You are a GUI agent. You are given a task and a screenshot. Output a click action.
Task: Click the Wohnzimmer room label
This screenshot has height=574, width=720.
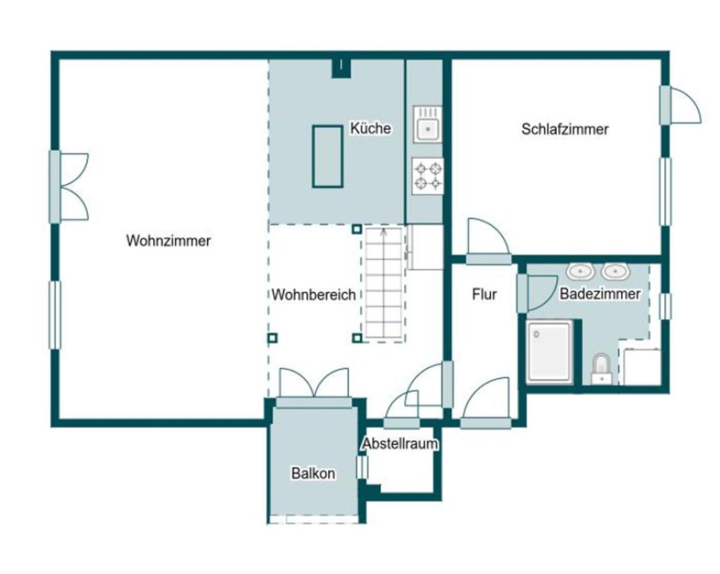pos(168,241)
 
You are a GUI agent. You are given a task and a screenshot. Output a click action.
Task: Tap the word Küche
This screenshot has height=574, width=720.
pos(370,129)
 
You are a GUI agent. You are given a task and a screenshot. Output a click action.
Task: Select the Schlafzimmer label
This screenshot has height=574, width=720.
pos(565,129)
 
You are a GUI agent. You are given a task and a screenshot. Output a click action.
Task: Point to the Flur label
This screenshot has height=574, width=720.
pos(485,295)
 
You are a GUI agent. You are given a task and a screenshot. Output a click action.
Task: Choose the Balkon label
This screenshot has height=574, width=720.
pos(313,474)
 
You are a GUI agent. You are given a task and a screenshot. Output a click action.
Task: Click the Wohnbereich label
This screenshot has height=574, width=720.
pos(314,295)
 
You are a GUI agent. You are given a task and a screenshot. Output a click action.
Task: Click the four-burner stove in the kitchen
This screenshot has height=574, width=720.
pos(427,176)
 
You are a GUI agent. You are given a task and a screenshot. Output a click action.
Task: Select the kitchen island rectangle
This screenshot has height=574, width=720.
pos(327,156)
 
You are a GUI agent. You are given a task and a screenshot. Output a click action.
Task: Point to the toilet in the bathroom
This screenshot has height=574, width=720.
pos(601,368)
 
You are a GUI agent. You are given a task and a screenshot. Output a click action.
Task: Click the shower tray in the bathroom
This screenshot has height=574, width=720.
pos(549,352)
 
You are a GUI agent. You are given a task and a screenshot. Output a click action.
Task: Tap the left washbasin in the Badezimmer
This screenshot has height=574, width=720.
pos(579,270)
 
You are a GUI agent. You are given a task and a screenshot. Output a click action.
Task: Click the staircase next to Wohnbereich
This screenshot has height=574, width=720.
pos(384,284)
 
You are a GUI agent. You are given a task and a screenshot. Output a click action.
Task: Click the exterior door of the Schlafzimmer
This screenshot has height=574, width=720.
pos(681,106)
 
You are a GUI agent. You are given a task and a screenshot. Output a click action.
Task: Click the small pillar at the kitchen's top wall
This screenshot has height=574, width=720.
pos(341,67)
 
